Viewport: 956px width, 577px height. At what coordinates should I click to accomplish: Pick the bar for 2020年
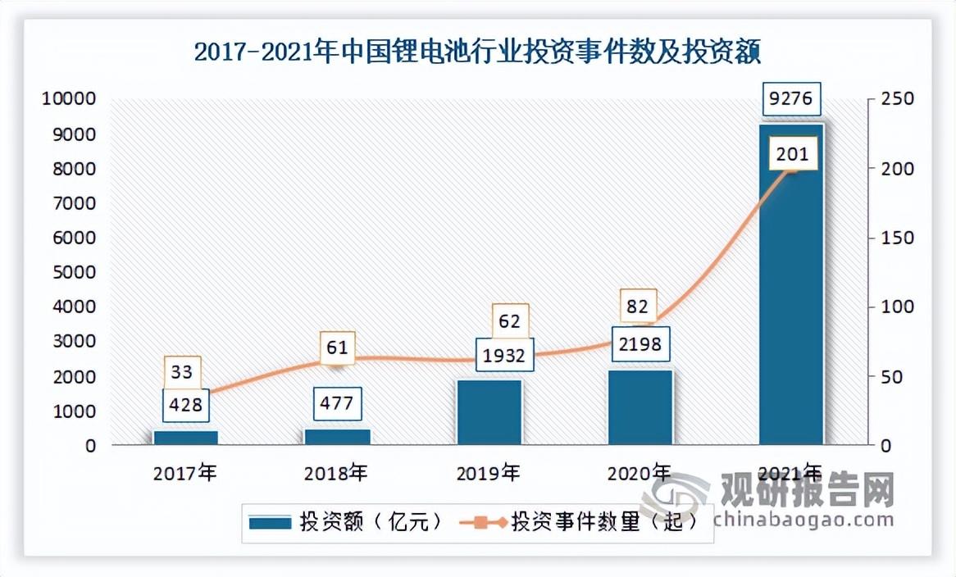(640, 407)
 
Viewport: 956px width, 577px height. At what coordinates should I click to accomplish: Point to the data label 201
(791, 153)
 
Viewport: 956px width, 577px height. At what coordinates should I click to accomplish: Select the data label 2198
(640, 343)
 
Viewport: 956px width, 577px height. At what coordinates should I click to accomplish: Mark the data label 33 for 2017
(182, 372)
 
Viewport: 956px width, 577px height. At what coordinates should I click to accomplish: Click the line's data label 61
(337, 348)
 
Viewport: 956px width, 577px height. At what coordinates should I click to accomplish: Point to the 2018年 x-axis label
(336, 473)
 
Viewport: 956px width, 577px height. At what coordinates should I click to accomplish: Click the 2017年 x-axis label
(185, 473)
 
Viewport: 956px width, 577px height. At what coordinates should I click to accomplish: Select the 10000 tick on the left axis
(69, 99)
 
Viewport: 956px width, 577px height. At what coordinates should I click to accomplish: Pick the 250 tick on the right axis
(892, 99)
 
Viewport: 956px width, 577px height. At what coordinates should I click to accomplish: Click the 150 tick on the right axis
(892, 239)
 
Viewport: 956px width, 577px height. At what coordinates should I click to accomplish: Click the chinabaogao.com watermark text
(803, 520)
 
